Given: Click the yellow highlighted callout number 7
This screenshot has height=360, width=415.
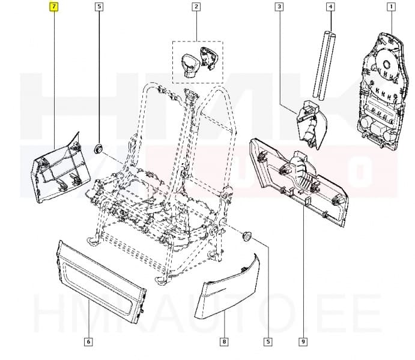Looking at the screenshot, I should tap(54, 7).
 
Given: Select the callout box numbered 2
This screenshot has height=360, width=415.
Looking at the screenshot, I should tap(196, 7).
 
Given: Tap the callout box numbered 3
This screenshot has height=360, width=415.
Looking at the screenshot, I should tap(279, 7).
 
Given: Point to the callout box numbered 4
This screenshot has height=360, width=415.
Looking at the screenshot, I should tap(330, 7).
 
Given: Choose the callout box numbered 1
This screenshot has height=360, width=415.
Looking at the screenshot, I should tap(391, 7).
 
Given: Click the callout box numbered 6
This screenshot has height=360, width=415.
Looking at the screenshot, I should tap(88, 342).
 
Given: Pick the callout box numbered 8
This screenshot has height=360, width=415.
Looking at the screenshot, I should tap(224, 342).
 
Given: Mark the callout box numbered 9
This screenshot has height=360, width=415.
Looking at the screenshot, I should tap(303, 342).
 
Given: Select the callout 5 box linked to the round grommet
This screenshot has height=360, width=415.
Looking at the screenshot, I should tap(99, 7).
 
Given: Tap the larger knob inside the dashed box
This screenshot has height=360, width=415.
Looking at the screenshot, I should tap(187, 61).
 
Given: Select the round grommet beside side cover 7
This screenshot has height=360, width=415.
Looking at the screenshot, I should tap(99, 147).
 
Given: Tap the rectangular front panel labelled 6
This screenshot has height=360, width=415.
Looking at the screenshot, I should tap(101, 279).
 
